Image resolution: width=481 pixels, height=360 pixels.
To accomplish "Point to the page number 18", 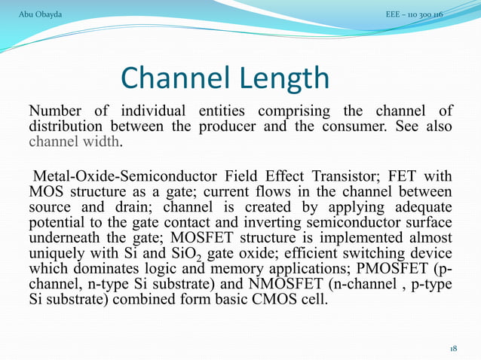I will coord(453,349).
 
